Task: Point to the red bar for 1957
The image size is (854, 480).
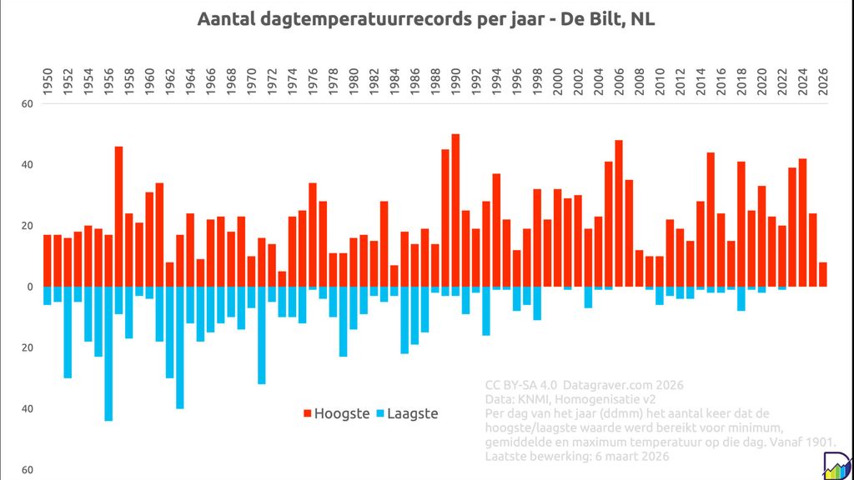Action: click(118, 217)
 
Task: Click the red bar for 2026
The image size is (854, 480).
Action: click(823, 274)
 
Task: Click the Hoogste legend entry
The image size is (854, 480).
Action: click(334, 413)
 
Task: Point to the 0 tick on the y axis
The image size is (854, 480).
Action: click(28, 287)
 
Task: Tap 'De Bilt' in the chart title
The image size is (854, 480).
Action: click(594, 19)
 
